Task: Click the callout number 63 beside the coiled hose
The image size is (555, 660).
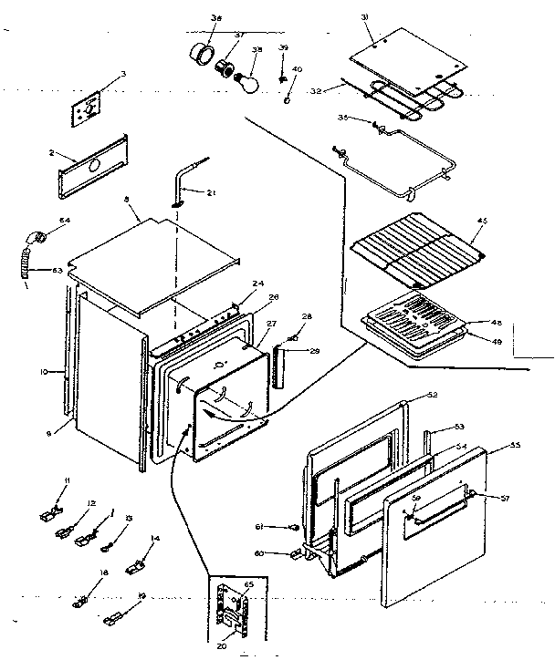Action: (57, 270)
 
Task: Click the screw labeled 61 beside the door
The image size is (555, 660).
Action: (294, 526)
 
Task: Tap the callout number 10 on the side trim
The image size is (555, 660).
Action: (55, 372)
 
